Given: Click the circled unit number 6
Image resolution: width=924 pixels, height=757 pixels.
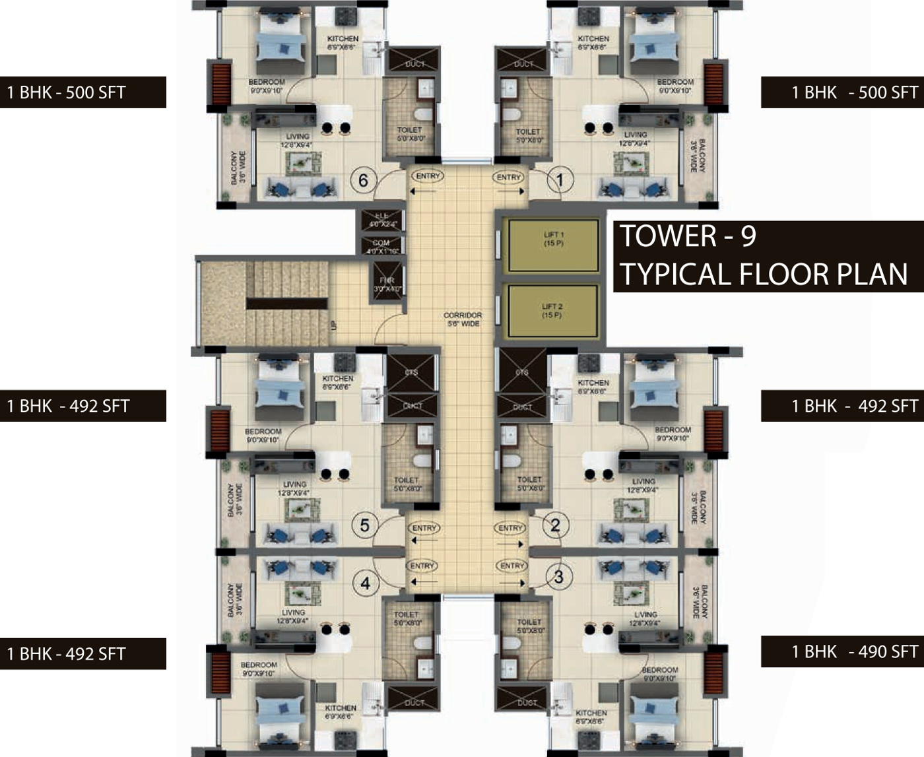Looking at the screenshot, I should [363, 180].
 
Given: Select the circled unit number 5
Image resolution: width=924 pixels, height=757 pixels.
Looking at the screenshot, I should [364, 525].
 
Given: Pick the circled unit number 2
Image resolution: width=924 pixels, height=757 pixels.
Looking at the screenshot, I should [556, 525].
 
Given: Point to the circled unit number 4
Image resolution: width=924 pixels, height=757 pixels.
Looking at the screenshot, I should [365, 583].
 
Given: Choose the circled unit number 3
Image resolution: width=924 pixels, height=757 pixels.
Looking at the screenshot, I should [559, 577].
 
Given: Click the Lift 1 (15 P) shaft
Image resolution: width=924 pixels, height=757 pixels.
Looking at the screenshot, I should [552, 245].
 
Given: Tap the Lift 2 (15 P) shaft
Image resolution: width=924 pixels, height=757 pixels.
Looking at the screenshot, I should [552, 311].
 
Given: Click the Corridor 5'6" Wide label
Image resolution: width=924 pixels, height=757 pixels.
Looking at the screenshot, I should [463, 319].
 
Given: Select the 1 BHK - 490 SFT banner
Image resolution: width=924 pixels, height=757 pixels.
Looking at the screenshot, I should [842, 652].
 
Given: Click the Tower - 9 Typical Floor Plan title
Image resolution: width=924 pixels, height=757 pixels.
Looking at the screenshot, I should [766, 256].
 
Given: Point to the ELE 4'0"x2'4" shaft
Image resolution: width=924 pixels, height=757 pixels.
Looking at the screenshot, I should [381, 220].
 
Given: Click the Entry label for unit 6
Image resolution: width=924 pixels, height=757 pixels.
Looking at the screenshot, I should [428, 176].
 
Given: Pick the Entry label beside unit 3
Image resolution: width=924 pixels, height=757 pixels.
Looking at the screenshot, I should [512, 566].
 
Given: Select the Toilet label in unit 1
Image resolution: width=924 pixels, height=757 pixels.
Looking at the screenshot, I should [528, 135].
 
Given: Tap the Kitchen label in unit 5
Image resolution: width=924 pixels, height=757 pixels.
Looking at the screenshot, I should [338, 382].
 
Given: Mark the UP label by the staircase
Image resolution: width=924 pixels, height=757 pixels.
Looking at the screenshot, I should [333, 325].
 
